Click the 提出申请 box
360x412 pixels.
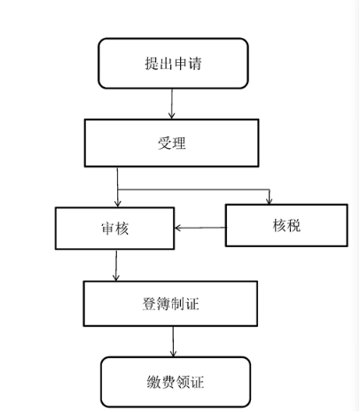coord(173,63)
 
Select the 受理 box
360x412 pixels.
coord(172,143)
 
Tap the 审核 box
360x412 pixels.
coord(114,229)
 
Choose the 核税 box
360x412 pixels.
coord(286,225)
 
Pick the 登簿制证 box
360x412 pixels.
coord(170,304)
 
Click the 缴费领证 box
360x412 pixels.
coord(176,382)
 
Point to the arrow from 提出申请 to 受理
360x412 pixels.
coord(172,104)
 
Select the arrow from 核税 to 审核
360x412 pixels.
coord(200,228)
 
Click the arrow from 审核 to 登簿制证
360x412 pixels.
coord(116,265)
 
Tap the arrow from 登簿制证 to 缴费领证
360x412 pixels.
coord(173,342)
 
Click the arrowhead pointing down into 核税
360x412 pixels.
coord(269,201)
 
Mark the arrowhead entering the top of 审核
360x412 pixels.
coord(118,204)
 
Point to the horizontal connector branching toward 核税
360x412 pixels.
coord(193,190)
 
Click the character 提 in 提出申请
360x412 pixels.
coord(152,64)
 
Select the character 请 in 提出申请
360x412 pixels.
coord(195,64)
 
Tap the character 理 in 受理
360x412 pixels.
coord(179,144)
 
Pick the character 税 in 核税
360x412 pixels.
coord(293,225)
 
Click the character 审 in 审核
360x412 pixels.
coord(108,229)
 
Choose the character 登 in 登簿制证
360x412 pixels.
coord(149,304)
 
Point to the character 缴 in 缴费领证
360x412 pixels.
coord(154,382)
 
